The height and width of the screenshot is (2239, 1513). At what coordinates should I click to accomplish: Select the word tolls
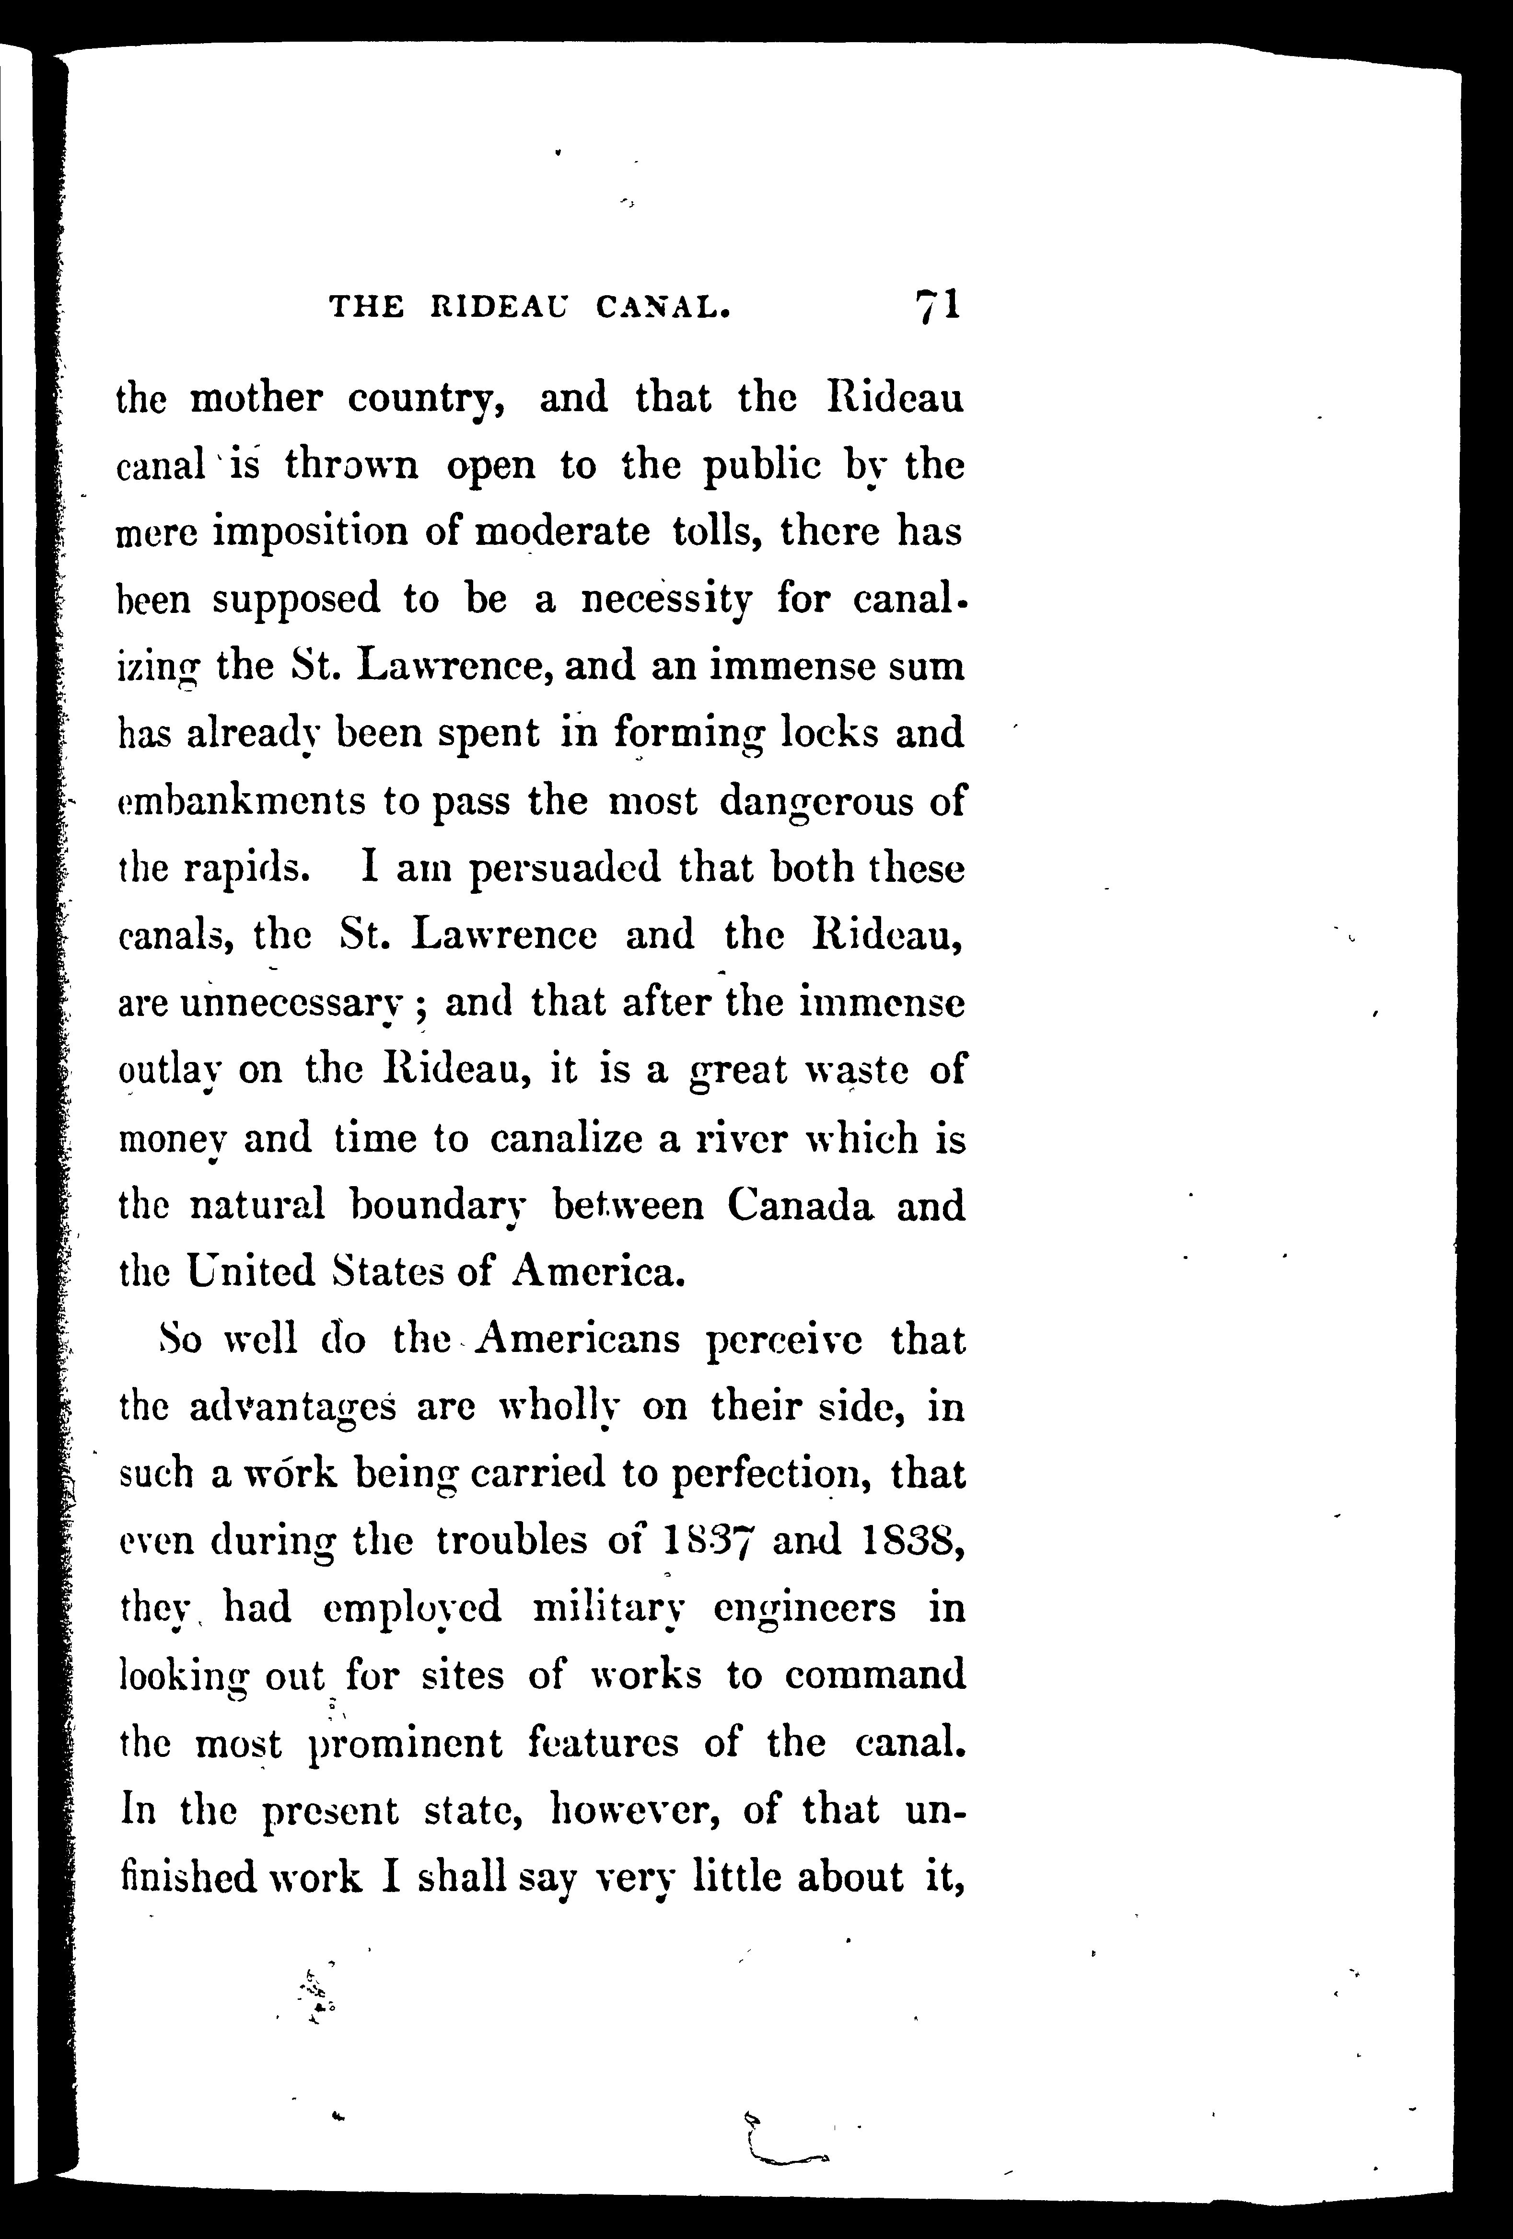(x=719, y=532)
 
